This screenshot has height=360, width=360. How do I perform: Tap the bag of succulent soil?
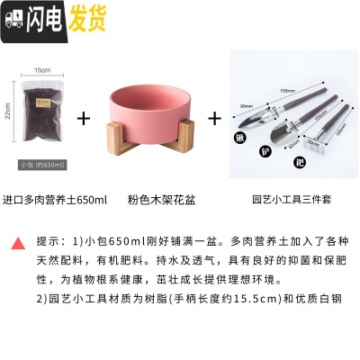(x=43, y=117)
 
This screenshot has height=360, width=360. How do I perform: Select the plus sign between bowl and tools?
(x=215, y=118)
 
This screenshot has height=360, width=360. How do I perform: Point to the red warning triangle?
(x=18, y=243)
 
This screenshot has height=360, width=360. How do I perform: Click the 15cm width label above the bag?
(x=41, y=69)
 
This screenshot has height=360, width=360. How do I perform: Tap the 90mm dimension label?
(x=246, y=105)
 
